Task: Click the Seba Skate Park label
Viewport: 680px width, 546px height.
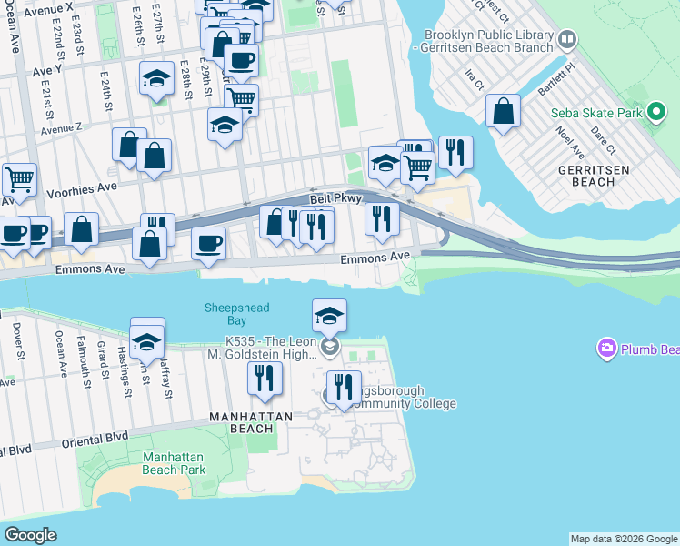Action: click(x=596, y=114)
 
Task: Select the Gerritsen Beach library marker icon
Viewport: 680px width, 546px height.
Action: click(x=567, y=39)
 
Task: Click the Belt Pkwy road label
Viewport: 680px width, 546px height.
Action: click(x=335, y=198)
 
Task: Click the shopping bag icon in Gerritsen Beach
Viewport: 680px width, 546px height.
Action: click(x=503, y=112)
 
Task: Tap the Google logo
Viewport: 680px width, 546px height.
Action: click(x=30, y=534)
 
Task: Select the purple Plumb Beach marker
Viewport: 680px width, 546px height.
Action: click(x=606, y=349)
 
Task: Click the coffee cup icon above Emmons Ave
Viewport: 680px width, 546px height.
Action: click(x=208, y=244)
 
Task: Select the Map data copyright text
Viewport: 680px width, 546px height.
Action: click(x=624, y=539)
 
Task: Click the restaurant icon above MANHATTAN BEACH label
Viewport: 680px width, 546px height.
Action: click(x=265, y=379)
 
